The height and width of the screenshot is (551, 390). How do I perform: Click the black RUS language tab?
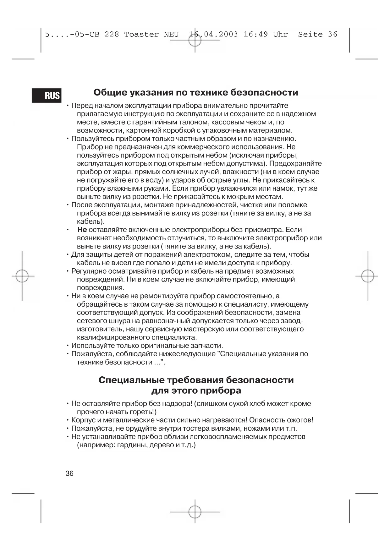[x=47, y=95]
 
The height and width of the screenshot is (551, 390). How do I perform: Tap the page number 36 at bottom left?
[x=69, y=473]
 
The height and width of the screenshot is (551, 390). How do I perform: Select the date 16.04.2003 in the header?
[x=213, y=35]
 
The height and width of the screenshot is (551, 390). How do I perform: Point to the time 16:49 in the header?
[x=255, y=35]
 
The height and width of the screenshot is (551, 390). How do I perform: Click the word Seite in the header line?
[x=310, y=35]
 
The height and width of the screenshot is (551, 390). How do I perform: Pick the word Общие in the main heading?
[x=109, y=93]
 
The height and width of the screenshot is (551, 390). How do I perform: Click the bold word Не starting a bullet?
[x=82, y=230]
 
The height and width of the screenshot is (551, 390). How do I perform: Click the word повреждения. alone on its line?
[x=101, y=288]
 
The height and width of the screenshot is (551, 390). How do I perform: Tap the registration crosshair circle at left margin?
[x=22, y=276]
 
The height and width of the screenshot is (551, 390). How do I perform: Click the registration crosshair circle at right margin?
[x=368, y=276]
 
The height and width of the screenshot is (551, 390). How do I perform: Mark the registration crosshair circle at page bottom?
[x=195, y=512]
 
